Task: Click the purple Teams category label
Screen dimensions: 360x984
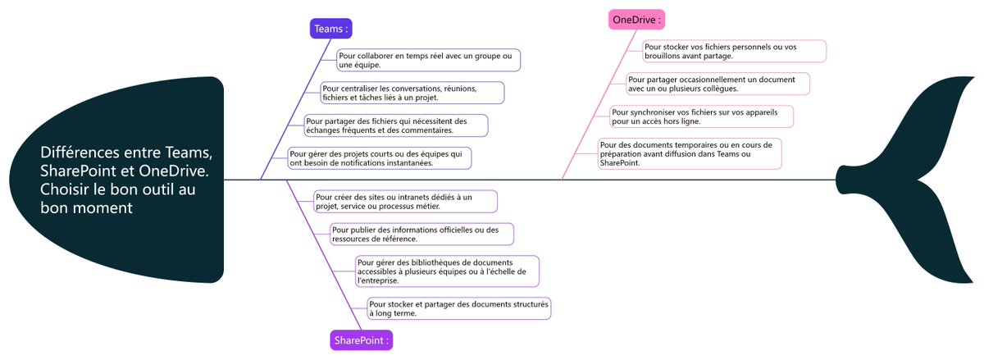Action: point(331,29)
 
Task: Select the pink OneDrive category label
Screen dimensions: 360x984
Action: point(635,20)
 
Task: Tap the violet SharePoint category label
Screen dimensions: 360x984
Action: point(361,339)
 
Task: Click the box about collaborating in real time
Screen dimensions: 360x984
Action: point(427,60)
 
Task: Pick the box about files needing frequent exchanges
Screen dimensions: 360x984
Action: point(395,125)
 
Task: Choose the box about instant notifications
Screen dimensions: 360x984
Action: point(380,158)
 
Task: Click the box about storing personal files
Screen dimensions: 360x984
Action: point(733,51)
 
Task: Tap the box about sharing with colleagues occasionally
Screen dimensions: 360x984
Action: point(717,84)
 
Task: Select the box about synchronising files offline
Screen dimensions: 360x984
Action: point(701,116)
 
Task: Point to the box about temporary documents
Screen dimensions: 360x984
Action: point(690,153)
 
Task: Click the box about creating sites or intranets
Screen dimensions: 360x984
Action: point(404,201)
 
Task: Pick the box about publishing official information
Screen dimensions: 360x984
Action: point(421,234)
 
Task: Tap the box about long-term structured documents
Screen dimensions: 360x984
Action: point(458,308)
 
